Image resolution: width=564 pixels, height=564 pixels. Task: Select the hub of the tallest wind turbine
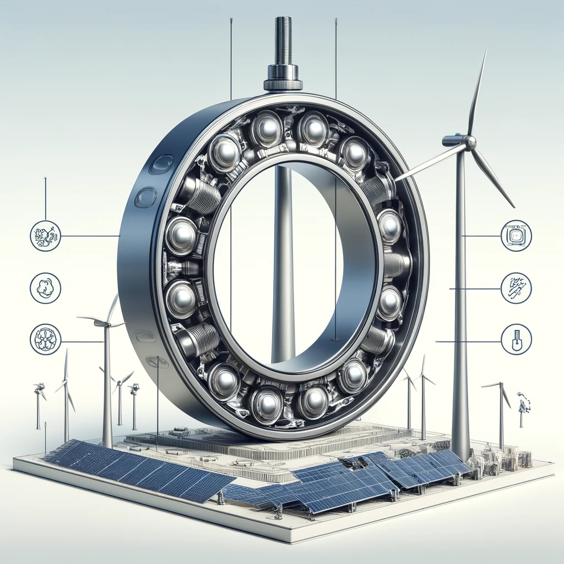pyautogui.click(x=469, y=142)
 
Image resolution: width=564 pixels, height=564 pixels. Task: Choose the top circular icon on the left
pyautogui.click(x=45, y=236)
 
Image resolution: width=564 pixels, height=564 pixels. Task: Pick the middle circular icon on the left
pyautogui.click(x=45, y=288)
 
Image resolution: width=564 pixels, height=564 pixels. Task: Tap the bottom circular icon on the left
pyautogui.click(x=45, y=339)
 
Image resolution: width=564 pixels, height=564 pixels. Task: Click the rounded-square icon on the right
pyautogui.click(x=516, y=236)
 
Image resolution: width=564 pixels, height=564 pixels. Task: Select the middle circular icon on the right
pyautogui.click(x=516, y=288)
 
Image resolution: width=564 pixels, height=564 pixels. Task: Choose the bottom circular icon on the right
pyautogui.click(x=516, y=339)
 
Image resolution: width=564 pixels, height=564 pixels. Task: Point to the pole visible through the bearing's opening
pyautogui.click(x=283, y=264)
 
